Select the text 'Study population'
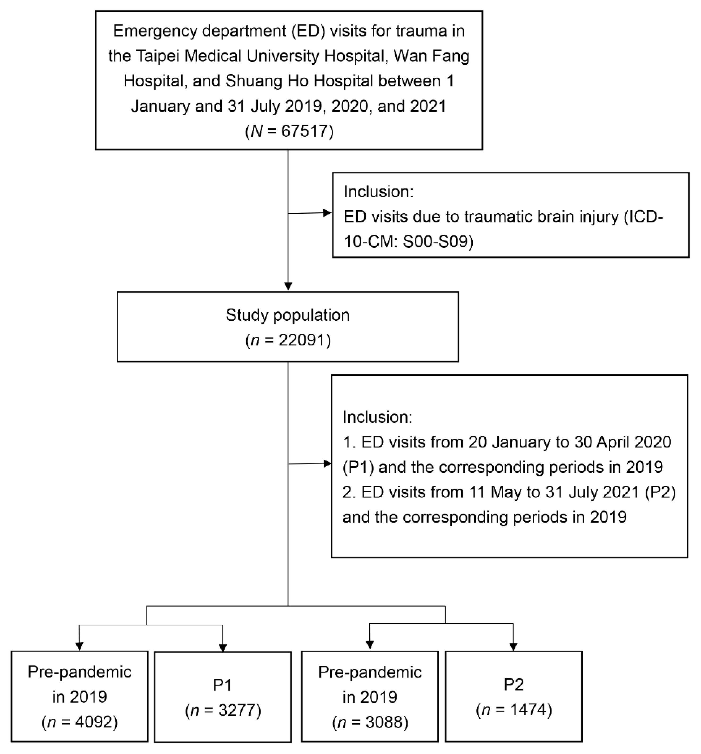287,315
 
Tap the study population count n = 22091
288,340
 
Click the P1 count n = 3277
223,710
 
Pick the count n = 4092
80,722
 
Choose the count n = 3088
370,722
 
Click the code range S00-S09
438,242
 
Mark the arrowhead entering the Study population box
288,286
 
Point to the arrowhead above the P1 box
223,648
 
